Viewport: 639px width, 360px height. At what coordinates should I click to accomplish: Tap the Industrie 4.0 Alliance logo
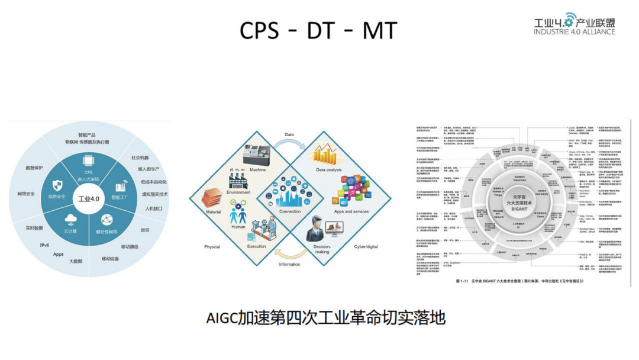(574, 24)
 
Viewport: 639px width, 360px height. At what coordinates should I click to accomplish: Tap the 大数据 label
(75, 261)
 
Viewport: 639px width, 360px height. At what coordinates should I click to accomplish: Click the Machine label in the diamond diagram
(258, 169)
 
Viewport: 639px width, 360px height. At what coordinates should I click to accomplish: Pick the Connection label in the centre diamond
(290, 211)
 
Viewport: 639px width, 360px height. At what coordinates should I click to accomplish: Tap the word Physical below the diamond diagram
(212, 247)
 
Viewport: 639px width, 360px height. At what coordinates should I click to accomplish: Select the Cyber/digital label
(366, 247)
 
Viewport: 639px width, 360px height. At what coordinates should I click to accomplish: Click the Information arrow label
(290, 264)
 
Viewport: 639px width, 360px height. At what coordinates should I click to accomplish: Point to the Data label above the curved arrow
(289, 134)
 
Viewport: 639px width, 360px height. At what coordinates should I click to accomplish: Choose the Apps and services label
(351, 211)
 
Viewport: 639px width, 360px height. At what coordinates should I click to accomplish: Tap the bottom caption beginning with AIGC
(325, 317)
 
